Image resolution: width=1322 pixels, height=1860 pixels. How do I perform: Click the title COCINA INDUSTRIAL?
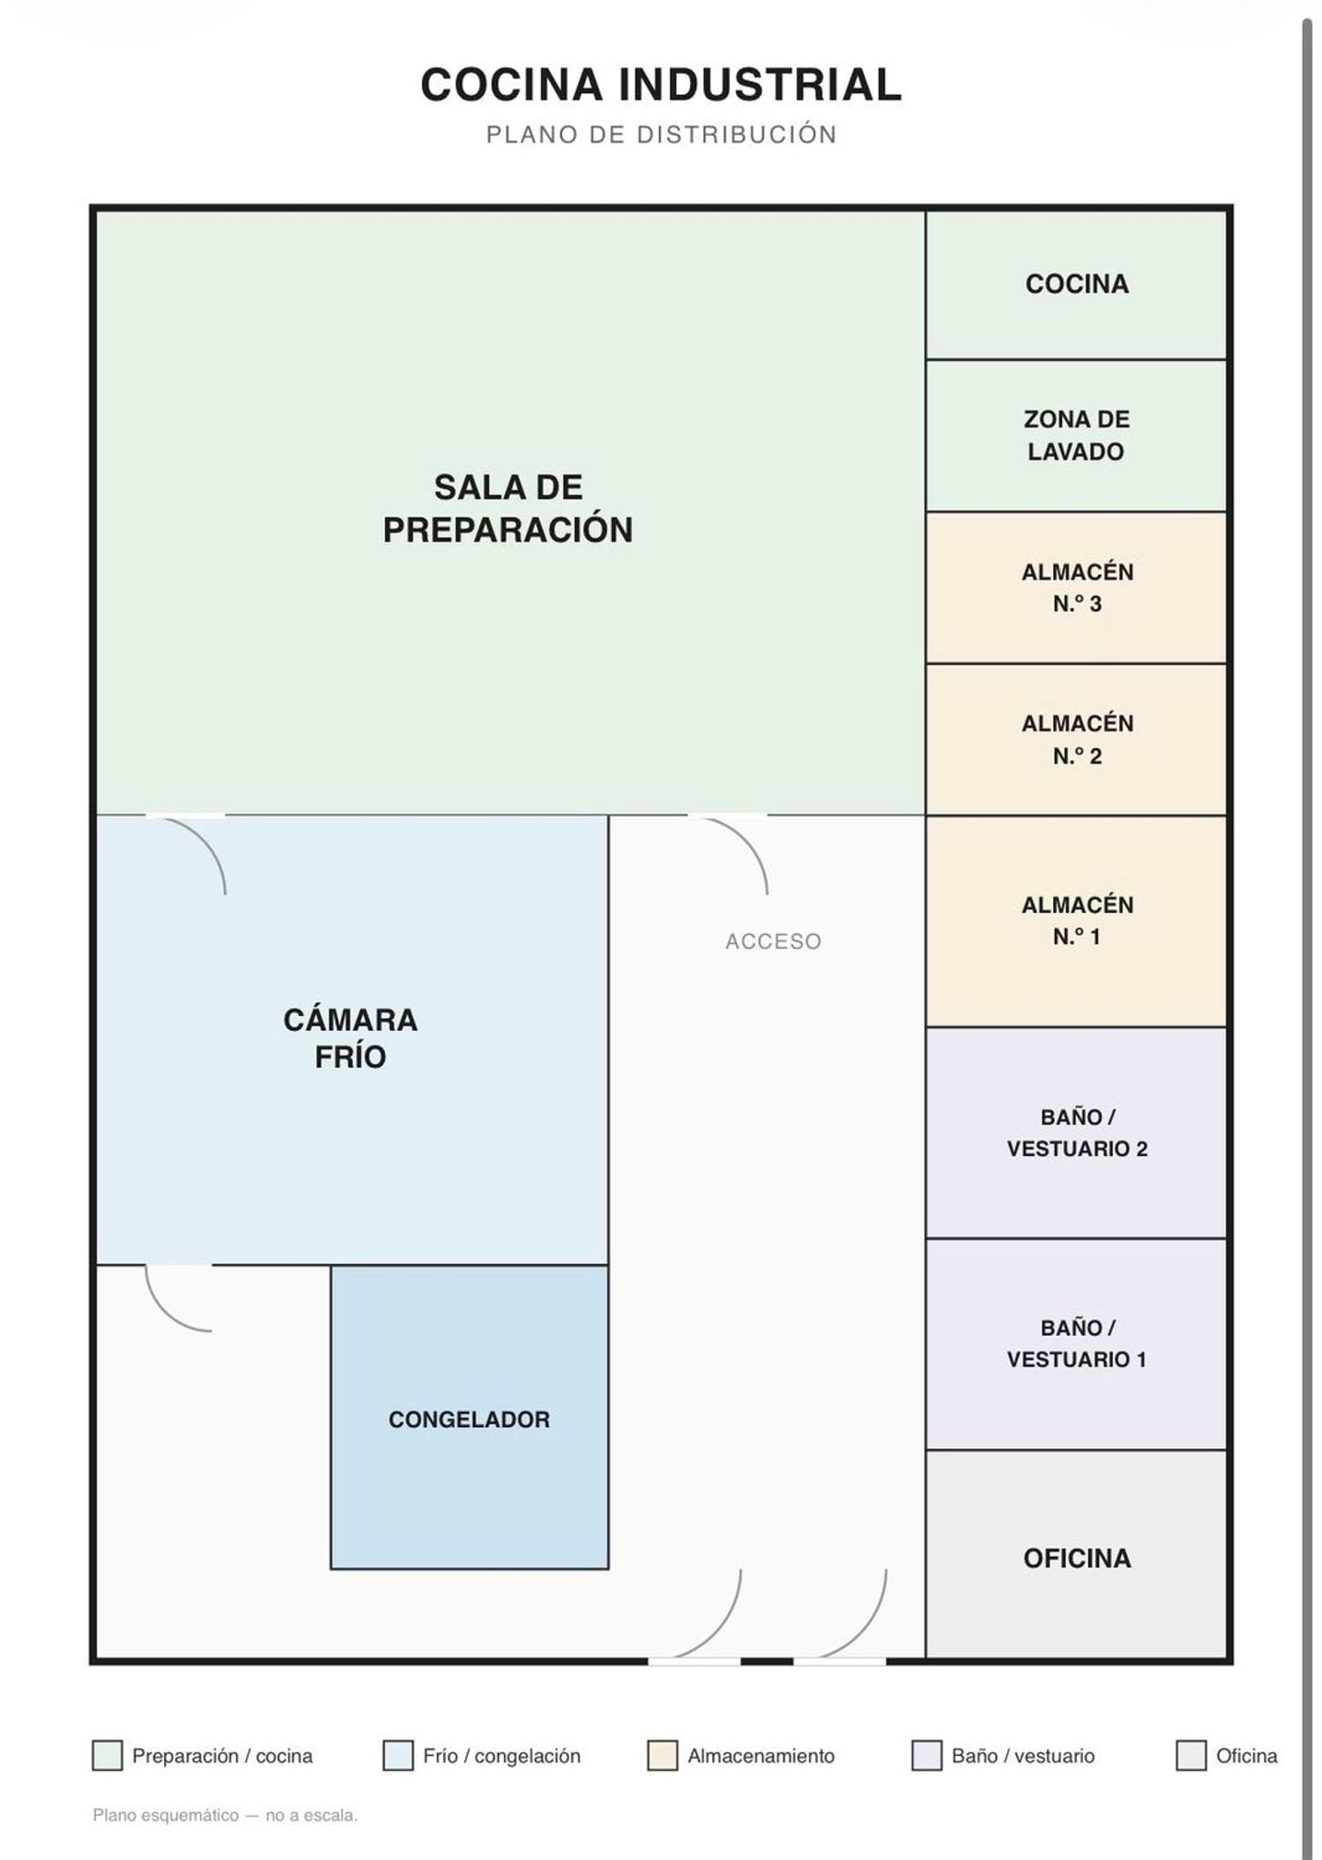click(661, 85)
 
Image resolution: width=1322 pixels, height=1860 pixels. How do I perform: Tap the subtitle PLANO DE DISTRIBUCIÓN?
click(661, 135)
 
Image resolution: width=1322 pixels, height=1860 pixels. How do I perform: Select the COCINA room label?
click(1076, 284)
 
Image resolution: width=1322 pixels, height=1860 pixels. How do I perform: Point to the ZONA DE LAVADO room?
click(1076, 435)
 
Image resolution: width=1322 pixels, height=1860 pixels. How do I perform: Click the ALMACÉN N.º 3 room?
click(1076, 588)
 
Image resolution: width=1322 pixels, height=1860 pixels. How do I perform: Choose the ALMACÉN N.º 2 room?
click(1076, 739)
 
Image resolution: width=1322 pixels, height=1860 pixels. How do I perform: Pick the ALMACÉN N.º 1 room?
click(1076, 922)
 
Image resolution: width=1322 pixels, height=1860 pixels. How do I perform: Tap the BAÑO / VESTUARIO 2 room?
click(1076, 1133)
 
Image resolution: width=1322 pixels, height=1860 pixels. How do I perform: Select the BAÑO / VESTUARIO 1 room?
click(1076, 1345)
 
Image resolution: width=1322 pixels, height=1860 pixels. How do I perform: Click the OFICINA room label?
click(1077, 1558)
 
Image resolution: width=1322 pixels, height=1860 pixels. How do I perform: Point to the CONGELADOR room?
click(470, 1418)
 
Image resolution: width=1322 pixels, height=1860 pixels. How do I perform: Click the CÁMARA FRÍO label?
click(351, 1038)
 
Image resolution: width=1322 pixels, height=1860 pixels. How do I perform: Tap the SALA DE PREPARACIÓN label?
click(508, 508)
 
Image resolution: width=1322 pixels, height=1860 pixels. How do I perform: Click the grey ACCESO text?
click(773, 942)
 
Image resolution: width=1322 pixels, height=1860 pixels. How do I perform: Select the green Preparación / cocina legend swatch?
click(107, 1755)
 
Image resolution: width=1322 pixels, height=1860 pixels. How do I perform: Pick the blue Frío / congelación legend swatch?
click(397, 1755)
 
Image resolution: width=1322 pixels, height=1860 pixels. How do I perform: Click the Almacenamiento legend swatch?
click(662, 1755)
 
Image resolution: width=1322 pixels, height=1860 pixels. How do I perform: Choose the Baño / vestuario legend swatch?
click(926, 1755)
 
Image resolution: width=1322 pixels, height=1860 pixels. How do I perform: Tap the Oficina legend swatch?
click(1191, 1755)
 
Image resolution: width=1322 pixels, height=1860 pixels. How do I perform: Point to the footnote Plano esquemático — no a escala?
click(225, 1815)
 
